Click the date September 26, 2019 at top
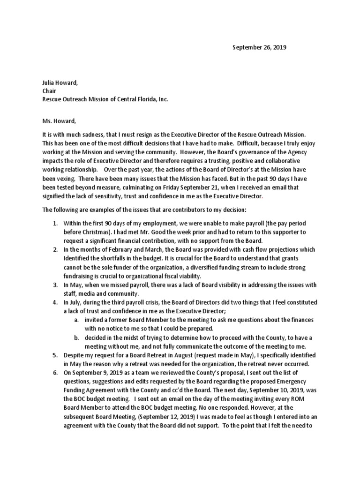(260, 47)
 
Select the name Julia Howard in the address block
(60, 82)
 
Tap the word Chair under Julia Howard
(50, 91)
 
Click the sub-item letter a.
(76, 319)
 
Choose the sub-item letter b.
(76, 337)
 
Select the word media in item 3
(87, 293)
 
